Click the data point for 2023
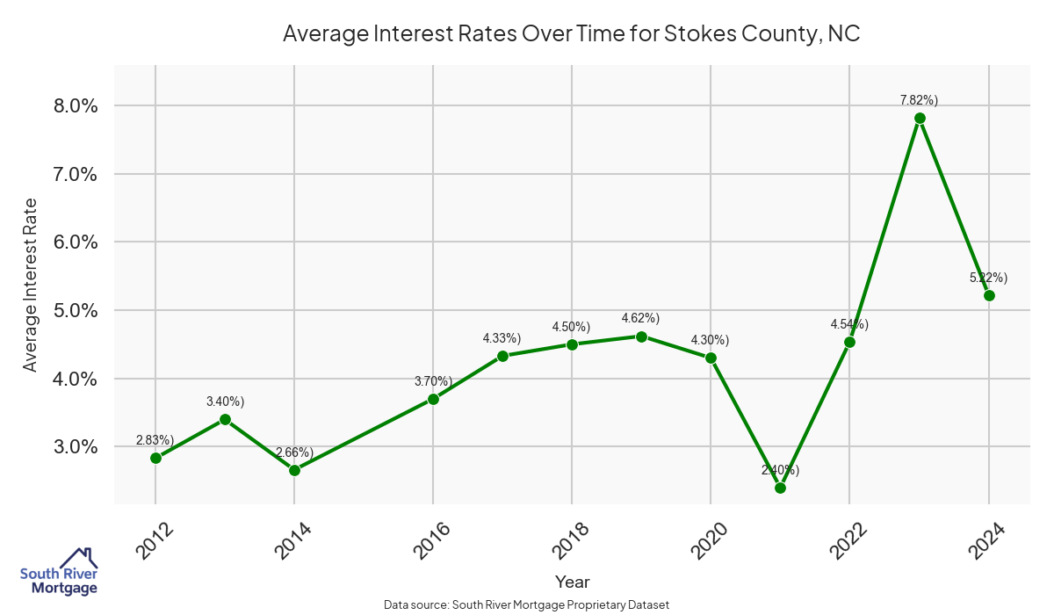(920, 118)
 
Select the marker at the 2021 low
(780, 488)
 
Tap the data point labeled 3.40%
(225, 419)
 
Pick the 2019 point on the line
(641, 336)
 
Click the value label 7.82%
(919, 100)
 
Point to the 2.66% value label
(294, 452)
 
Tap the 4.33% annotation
(502, 338)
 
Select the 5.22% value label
(988, 278)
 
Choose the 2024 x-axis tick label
(987, 540)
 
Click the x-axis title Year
(572, 582)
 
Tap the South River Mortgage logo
(59, 572)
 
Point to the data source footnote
(526, 605)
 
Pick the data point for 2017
(502, 356)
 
